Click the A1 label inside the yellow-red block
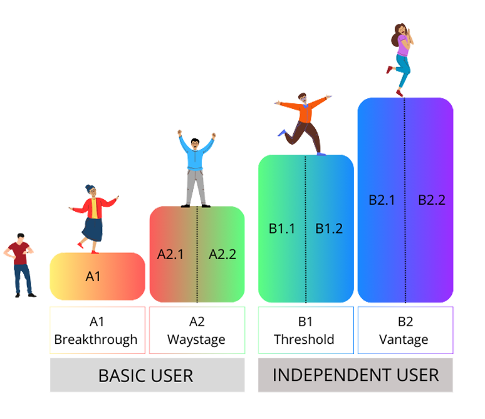click(93, 276)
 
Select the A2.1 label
click(170, 254)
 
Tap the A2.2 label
click(222, 254)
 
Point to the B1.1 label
click(282, 229)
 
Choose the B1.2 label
click(329, 229)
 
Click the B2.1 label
click(382, 200)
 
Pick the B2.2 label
click(432, 200)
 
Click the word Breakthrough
click(96, 339)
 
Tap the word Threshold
click(305, 340)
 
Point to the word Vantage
click(405, 340)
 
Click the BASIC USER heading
click(145, 376)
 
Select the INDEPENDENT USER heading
click(356, 375)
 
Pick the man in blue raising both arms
click(196, 168)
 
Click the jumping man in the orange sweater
click(305, 121)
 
